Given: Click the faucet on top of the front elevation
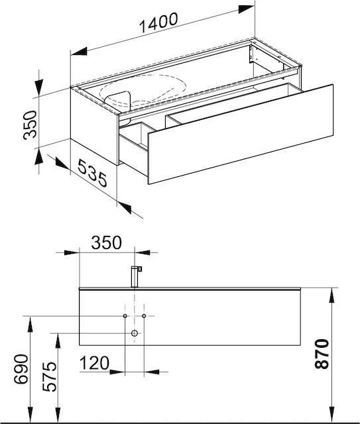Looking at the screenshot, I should click(137, 275).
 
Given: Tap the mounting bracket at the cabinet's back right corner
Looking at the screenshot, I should click(252, 54).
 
